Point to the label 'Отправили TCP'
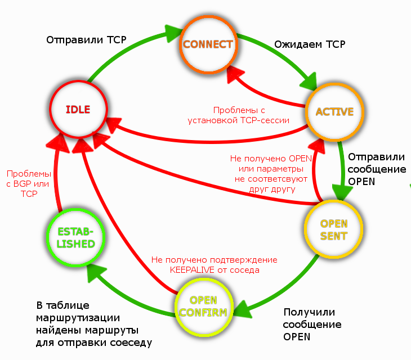coord(86,40)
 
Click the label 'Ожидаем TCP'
coord(310,44)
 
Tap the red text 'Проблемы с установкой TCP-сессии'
coord(239,115)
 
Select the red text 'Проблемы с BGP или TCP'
coord(29,183)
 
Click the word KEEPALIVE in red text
coord(192,270)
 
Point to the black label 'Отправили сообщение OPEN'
coord(377,169)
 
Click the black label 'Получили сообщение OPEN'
coord(312,325)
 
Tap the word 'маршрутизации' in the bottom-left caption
coord(78,318)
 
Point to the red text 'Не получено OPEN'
coord(271,159)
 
